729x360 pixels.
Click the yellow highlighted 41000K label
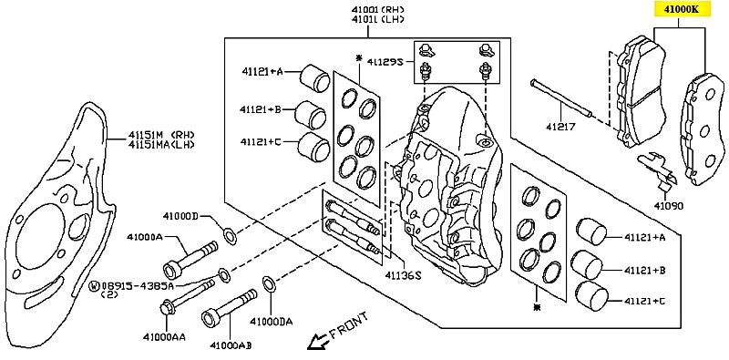tap(683, 9)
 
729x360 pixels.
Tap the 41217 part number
tap(560, 126)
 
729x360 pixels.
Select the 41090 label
tap(669, 205)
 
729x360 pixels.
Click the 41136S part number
tap(403, 275)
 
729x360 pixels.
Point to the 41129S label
tap(385, 61)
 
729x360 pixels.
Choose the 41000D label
tap(180, 216)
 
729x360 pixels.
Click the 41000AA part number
tap(164, 336)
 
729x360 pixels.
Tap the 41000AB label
tap(231, 345)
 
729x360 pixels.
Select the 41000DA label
tap(272, 322)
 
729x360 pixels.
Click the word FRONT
tap(349, 325)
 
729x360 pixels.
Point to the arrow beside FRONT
tap(318, 342)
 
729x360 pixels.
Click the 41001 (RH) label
tap(378, 9)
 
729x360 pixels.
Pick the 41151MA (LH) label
tap(161, 144)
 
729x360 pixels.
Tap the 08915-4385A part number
tap(138, 284)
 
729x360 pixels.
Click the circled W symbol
tap(94, 285)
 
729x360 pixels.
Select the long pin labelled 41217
tap(561, 98)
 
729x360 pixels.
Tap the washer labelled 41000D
tap(230, 236)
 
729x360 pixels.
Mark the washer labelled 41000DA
tap(269, 284)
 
